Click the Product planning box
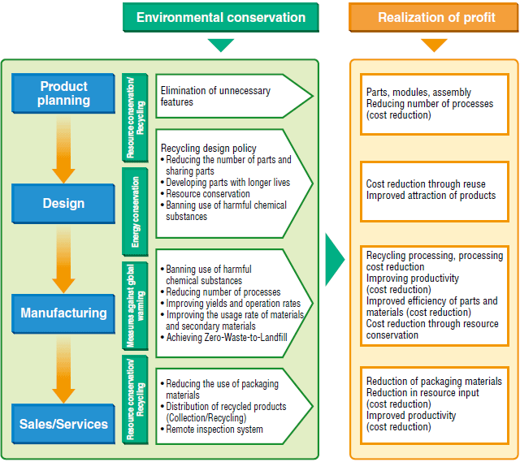pos(63,93)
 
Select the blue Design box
pos(63,204)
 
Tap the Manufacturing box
pos(63,313)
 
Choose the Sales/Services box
pos(63,423)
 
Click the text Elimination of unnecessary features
pos(215,97)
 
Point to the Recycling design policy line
pos(208,149)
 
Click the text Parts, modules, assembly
pos(418,93)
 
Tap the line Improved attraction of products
pos(431,196)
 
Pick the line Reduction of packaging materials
pos(434,382)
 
